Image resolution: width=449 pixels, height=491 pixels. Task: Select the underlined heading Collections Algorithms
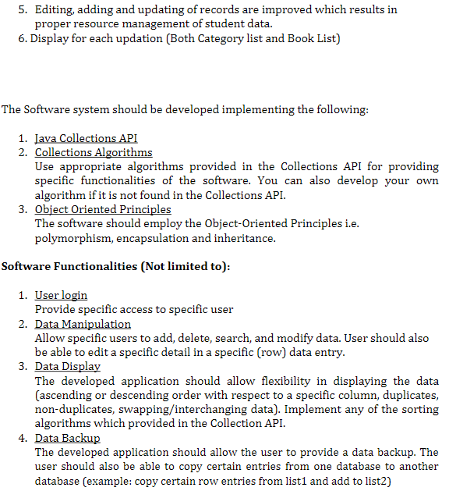point(94,152)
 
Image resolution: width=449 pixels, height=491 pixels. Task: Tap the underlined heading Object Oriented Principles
point(103,209)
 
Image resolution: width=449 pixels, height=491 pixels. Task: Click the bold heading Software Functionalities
point(115,266)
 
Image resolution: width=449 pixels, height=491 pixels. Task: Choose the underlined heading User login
point(61,295)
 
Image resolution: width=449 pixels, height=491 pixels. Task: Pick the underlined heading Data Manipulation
point(83,323)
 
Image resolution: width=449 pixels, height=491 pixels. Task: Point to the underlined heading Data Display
point(68,366)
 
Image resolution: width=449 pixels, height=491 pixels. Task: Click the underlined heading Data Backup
point(68,438)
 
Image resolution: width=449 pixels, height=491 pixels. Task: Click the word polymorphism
point(72,238)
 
